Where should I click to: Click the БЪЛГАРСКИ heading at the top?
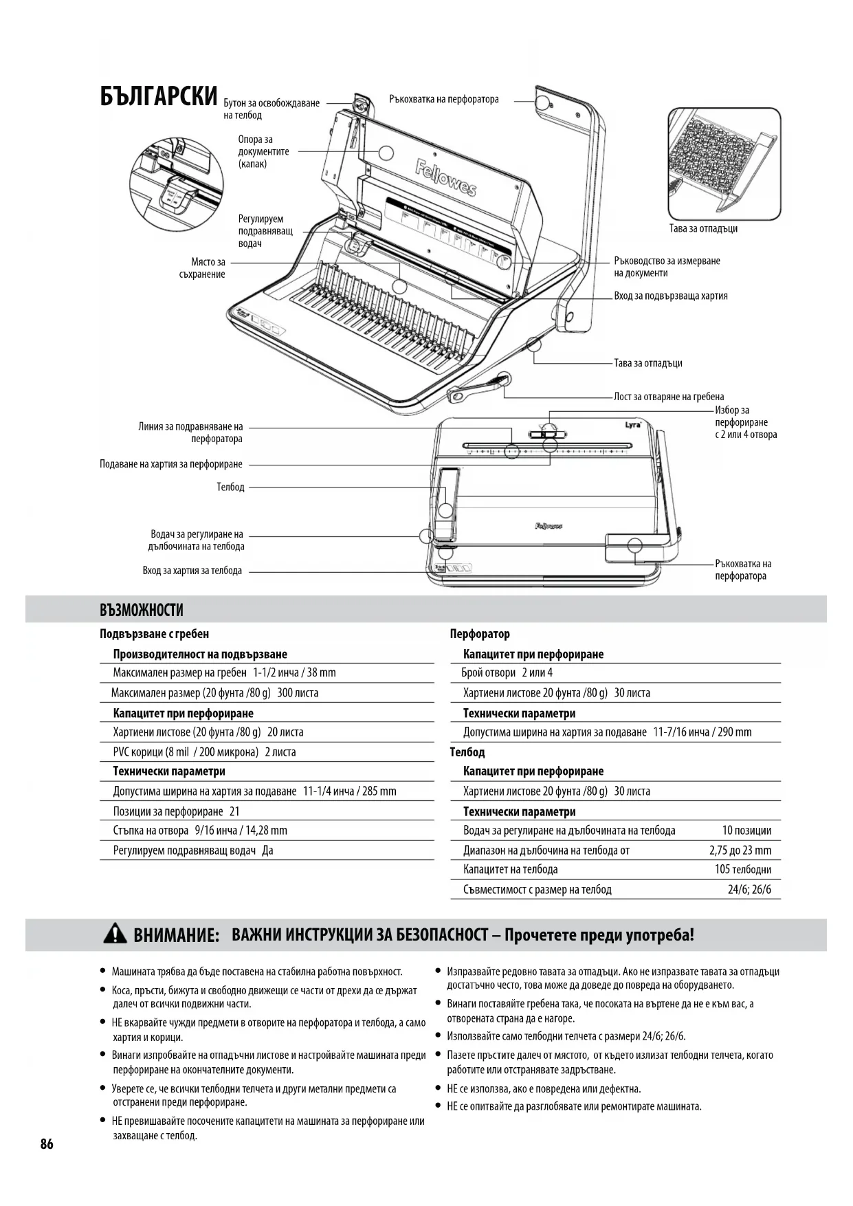(159, 97)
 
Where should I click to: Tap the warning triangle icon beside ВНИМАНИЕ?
(115, 934)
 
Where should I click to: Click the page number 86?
(47, 1144)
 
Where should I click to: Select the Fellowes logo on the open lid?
(445, 177)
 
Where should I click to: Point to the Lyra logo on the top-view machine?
(632, 424)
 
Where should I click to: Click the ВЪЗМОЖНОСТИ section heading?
(142, 610)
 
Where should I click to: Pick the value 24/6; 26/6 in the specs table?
(749, 890)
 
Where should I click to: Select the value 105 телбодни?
(742, 870)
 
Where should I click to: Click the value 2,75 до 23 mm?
(740, 851)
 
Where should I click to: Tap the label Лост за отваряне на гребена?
(668, 397)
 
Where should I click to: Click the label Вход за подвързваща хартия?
(670, 296)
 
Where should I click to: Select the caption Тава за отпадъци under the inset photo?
(703, 229)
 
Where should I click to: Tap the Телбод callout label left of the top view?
(230, 487)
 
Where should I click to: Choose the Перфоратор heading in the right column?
(480, 634)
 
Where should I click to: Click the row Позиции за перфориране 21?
(177, 811)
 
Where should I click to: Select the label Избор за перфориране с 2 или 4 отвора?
(745, 422)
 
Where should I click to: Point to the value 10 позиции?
(746, 831)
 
